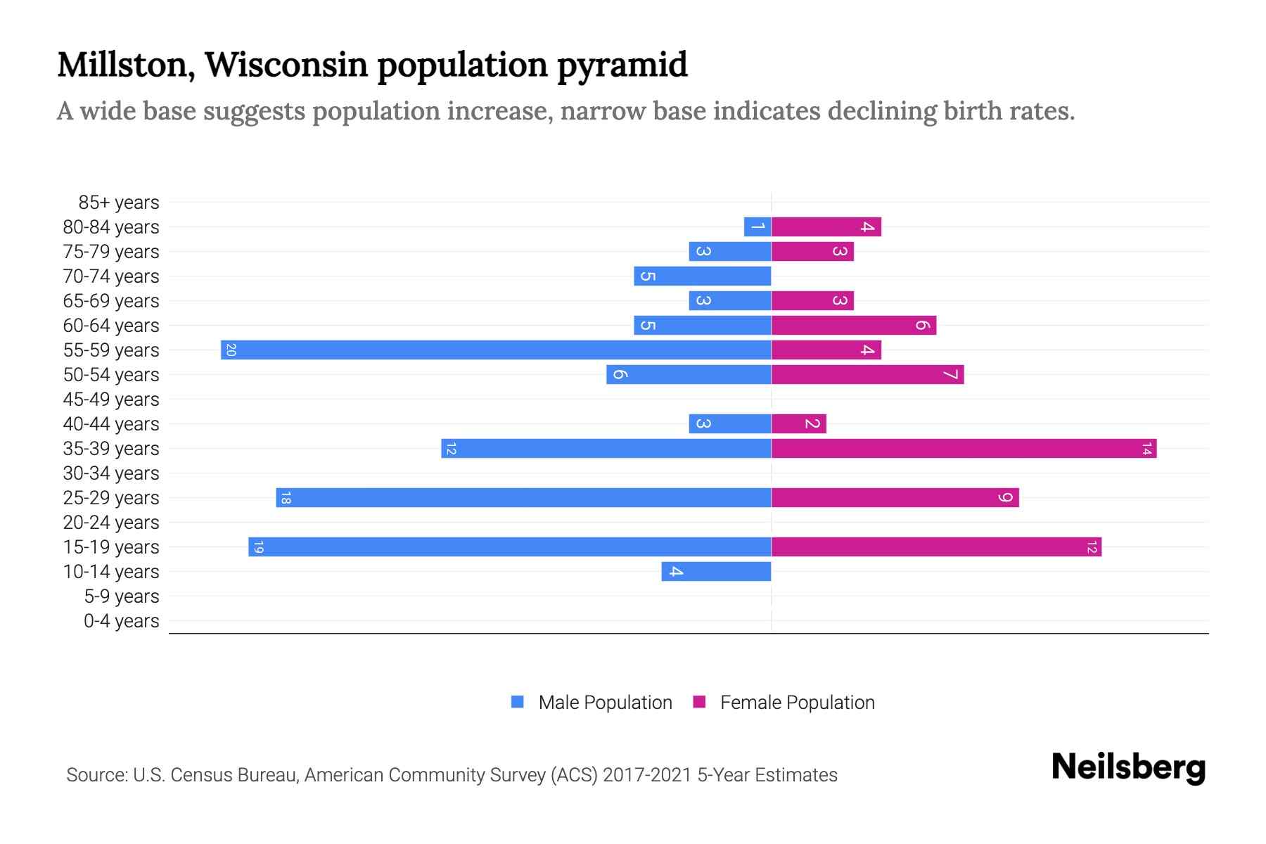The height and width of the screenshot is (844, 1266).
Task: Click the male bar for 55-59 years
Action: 496,350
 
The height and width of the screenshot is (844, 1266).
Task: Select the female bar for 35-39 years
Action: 964,448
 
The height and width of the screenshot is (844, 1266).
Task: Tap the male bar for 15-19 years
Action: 510,546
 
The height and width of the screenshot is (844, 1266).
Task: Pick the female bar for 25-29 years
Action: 895,497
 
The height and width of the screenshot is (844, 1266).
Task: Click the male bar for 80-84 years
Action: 757,226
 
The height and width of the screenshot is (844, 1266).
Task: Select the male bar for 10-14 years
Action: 716,571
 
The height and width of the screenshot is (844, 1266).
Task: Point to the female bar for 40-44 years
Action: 798,423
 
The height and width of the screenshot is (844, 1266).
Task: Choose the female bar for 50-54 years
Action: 867,374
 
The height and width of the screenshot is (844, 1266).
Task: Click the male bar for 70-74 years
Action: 702,276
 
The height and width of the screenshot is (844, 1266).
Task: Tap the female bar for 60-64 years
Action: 853,325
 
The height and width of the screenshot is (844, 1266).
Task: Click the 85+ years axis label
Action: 118,203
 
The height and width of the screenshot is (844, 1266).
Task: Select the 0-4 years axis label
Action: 121,621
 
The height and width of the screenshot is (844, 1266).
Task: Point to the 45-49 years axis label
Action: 111,399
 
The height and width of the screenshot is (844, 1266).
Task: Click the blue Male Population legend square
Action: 518,702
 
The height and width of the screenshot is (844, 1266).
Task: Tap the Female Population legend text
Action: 797,703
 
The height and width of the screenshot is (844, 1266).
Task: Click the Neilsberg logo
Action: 1128,767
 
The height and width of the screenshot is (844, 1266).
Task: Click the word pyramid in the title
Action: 622,65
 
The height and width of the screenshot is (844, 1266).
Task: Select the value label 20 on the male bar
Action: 231,350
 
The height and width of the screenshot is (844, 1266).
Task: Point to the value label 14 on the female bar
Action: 1146,448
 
